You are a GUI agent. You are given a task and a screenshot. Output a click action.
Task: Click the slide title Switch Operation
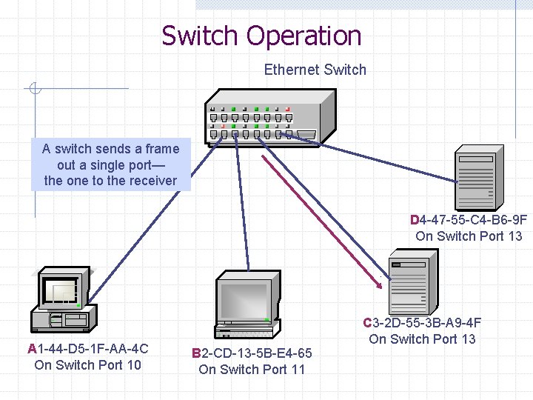pyautogui.click(x=261, y=36)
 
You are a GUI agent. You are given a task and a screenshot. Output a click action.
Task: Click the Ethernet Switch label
pyautogui.click(x=315, y=70)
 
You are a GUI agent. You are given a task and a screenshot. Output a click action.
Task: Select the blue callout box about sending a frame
pyautogui.click(x=110, y=164)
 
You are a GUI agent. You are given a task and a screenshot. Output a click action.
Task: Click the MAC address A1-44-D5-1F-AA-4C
pyautogui.click(x=87, y=348)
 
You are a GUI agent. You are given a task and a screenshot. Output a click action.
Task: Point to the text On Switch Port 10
pyautogui.click(x=87, y=364)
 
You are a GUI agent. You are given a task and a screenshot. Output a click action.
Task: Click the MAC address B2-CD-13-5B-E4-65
pyautogui.click(x=251, y=353)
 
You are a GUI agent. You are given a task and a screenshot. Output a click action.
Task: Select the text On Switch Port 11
pyautogui.click(x=251, y=369)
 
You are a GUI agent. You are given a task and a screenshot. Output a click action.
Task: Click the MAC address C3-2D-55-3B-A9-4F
pyautogui.click(x=422, y=323)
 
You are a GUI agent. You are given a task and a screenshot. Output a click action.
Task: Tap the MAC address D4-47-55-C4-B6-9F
pyautogui.click(x=469, y=220)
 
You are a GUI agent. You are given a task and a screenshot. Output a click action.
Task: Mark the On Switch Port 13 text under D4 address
pyautogui.click(x=469, y=236)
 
